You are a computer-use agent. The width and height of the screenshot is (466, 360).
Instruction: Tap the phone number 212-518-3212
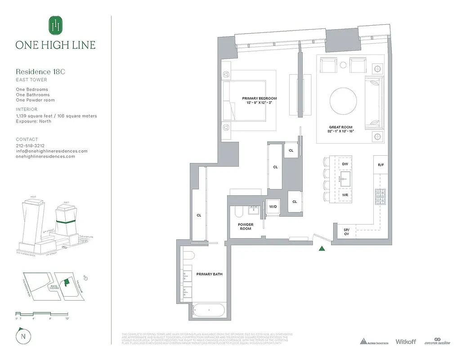pyautogui.click(x=30, y=146)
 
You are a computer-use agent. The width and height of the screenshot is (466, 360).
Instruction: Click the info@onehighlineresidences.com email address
pyautogui.click(x=52, y=151)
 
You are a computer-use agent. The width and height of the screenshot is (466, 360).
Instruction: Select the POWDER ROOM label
pyautogui.click(x=246, y=226)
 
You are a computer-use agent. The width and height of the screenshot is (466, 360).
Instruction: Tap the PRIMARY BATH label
pyautogui.click(x=209, y=274)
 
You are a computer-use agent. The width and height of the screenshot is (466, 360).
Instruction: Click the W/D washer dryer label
pyautogui.click(x=273, y=207)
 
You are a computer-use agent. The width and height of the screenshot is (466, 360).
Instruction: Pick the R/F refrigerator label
pyautogui.click(x=381, y=165)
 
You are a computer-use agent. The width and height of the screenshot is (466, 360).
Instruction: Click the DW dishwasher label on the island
pyautogui.click(x=345, y=164)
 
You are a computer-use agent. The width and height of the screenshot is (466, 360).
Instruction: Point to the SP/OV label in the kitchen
pyautogui.click(x=346, y=231)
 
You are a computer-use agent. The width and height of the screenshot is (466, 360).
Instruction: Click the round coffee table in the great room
pyautogui.click(x=344, y=101)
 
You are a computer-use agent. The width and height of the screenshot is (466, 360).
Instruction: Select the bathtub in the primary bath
pyautogui.click(x=209, y=310)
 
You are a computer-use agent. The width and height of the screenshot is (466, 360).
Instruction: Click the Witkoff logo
pyautogui.click(x=407, y=342)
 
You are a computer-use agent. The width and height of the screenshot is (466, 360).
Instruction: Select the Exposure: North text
pyautogui.click(x=33, y=121)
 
